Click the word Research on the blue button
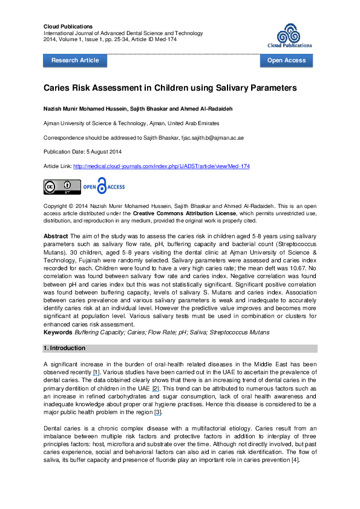tap(65, 60)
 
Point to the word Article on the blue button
tap(89, 60)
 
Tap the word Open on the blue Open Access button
tap(276, 60)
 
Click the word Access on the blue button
tap(297, 60)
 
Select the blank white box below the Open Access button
tap(284, 71)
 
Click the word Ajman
tap(157, 123)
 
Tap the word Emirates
tap(209, 123)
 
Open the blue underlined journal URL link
tap(162, 166)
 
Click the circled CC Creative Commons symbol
tap(50, 186)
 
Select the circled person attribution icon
tap(67, 186)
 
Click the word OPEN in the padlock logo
tap(90, 187)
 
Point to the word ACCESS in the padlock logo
tap(116, 187)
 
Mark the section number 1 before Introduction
tap(45, 348)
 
